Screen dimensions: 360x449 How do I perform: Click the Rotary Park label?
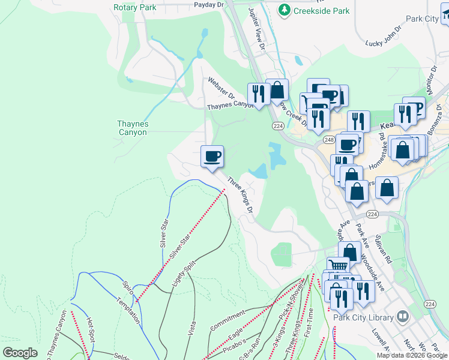click(x=134, y=8)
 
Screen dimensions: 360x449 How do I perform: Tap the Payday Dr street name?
click(x=209, y=4)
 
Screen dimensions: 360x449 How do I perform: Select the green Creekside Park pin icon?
click(x=283, y=10)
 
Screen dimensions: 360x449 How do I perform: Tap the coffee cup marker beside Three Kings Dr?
click(x=212, y=157)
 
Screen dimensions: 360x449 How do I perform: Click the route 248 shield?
click(x=328, y=140)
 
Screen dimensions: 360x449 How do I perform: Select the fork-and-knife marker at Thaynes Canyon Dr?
click(x=259, y=94)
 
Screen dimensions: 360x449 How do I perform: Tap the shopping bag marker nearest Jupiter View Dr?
click(x=277, y=90)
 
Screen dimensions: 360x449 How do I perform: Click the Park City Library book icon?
click(x=402, y=316)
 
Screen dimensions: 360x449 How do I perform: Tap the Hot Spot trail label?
click(x=90, y=330)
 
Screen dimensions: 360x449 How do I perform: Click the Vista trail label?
click(x=192, y=326)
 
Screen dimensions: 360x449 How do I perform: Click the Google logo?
click(x=20, y=353)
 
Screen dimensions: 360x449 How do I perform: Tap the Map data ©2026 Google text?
click(x=412, y=355)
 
